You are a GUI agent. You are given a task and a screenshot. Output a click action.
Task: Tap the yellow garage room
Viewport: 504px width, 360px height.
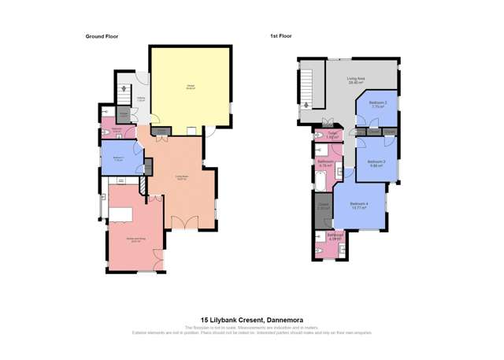coord(191,87)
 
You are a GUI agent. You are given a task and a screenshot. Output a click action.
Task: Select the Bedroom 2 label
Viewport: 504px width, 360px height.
coord(378,104)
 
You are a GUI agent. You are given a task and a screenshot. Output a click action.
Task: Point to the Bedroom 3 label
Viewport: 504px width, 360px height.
coord(376,163)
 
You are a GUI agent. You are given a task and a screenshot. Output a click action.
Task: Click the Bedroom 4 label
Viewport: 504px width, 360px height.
coord(358,206)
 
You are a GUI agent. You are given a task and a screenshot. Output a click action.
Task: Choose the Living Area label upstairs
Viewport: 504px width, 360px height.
coord(356,80)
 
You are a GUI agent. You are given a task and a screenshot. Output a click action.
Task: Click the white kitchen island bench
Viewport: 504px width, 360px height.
coord(120,215)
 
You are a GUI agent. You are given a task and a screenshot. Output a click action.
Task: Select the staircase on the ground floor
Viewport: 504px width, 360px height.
coord(124,90)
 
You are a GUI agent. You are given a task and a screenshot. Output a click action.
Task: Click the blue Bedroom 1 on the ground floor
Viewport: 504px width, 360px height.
coord(119,158)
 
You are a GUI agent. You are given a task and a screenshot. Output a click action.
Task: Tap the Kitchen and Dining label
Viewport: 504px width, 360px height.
coord(135,240)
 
